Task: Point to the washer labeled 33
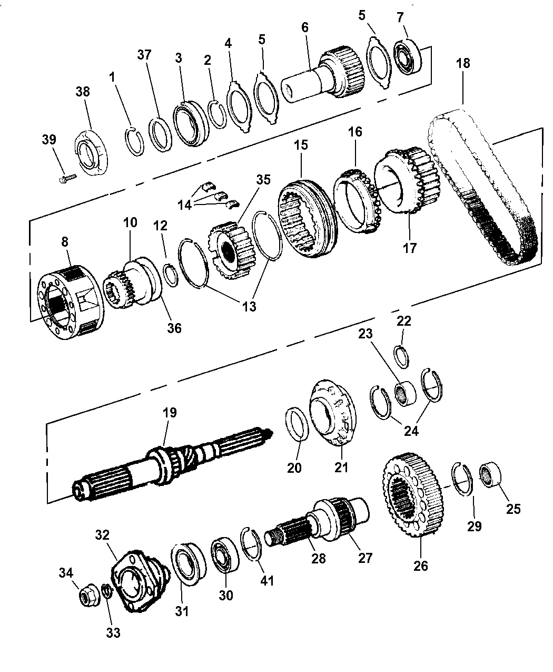(x=106, y=591)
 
